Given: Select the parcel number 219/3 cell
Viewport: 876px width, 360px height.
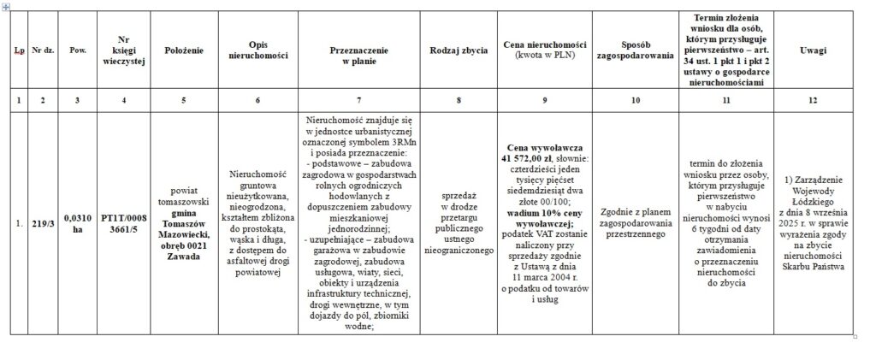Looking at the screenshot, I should (x=44, y=224).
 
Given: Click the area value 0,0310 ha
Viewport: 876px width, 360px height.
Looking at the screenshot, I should (x=78, y=224).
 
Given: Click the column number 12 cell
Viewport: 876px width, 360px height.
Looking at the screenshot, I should (x=813, y=101).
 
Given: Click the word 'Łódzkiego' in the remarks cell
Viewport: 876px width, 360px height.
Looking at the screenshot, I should (x=813, y=201).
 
